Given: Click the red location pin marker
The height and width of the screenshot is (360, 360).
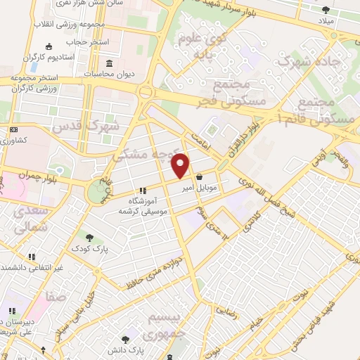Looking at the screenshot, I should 181,165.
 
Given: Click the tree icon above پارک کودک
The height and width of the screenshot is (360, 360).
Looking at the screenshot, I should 90,238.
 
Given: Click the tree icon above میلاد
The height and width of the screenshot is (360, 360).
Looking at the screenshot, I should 326,10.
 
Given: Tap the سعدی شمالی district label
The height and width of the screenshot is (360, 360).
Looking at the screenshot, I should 30,220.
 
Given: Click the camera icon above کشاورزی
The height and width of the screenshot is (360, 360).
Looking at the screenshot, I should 15,130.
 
